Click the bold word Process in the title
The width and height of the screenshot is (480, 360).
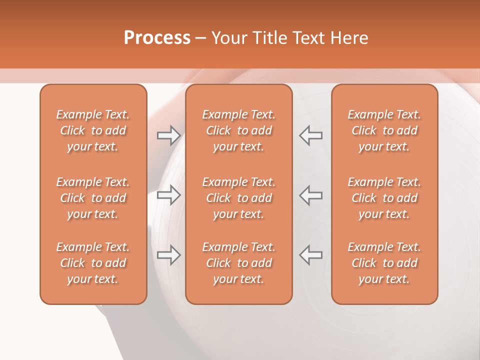(157, 38)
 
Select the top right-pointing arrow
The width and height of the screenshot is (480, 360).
(168, 135)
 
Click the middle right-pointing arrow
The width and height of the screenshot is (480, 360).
(168, 195)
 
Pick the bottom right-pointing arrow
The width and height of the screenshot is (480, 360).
(168, 255)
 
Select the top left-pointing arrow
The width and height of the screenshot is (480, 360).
(311, 135)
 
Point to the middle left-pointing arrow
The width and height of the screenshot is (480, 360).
(311, 195)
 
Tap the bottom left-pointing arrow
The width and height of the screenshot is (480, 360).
(311, 255)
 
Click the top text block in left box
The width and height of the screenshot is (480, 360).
(93, 130)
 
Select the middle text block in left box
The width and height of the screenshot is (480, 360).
(93, 198)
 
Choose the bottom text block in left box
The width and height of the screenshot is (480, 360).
(93, 263)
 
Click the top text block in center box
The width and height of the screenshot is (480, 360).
(239, 130)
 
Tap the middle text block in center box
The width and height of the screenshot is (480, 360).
(239, 198)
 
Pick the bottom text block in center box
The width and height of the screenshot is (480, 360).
(239, 263)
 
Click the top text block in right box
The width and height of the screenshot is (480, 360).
(384, 130)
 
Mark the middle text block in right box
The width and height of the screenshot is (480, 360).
(384, 198)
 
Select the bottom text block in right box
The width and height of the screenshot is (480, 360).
(384, 263)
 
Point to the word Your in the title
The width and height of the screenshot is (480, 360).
(228, 38)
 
